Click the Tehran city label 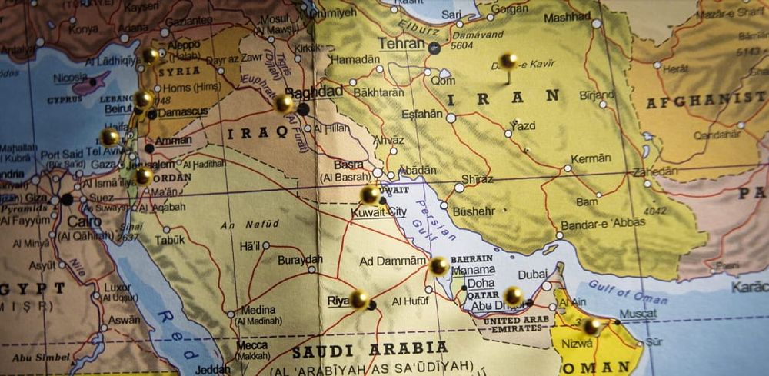[x=400, y=43]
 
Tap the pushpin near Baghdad [x=284, y=103]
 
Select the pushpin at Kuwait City [x=370, y=194]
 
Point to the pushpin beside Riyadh [x=359, y=298]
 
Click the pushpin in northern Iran [x=508, y=61]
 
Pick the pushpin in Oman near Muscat [x=591, y=326]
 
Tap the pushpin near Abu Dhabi [x=514, y=295]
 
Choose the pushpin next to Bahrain [x=438, y=266]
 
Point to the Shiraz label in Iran [x=477, y=179]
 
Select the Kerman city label [x=591, y=158]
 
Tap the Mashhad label [x=567, y=17]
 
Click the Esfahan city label [x=422, y=115]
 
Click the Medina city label [x=253, y=310]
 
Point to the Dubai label [x=533, y=275]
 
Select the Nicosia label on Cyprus [x=69, y=78]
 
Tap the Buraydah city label [x=297, y=259]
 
